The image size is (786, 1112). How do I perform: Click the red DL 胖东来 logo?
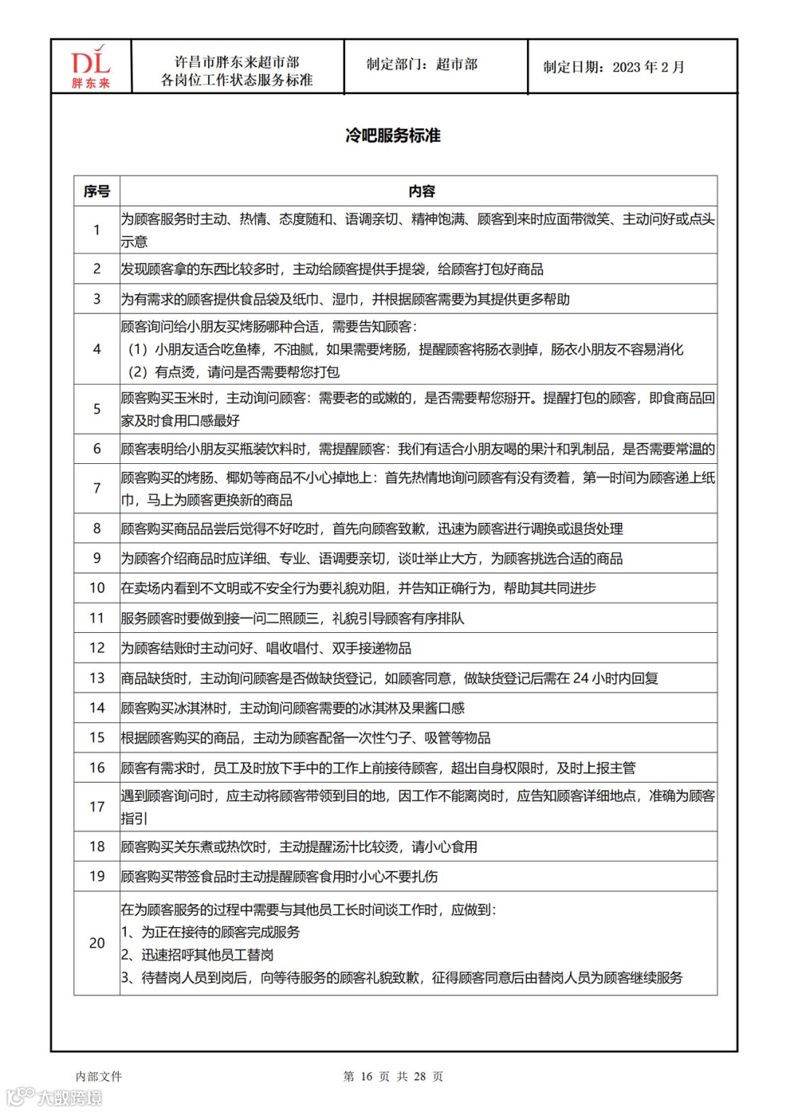91,67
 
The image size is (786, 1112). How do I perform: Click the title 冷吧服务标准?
393,135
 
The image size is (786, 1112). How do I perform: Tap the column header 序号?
97,192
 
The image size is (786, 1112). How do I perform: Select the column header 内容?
421,192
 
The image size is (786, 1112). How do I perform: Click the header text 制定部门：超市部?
422,65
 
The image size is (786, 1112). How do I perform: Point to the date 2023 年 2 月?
648,68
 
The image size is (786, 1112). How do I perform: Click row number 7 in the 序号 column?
97,488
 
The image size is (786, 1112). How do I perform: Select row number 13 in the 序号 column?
97,678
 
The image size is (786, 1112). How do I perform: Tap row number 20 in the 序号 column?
97,943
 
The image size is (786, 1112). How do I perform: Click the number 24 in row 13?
581,679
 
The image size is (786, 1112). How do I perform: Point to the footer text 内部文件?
99,1076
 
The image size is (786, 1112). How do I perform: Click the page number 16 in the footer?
366,1076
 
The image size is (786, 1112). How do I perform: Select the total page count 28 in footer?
420,1076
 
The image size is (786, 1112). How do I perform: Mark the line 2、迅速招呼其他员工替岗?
197,955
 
